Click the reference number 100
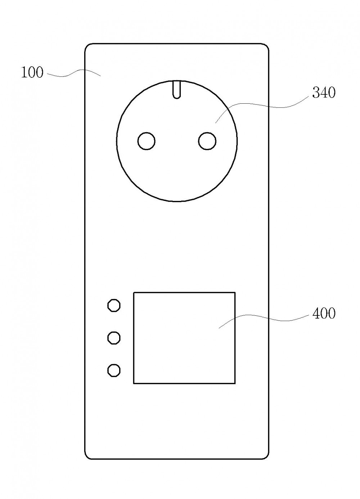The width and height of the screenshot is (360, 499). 32,72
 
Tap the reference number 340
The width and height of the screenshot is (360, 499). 324,93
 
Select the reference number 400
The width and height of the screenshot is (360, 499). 324,314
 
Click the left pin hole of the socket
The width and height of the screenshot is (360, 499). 147,141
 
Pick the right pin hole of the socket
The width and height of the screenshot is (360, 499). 207,141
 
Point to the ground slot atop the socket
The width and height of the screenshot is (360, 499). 177,90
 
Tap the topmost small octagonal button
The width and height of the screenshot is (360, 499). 114,305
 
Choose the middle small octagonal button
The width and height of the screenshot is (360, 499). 114,338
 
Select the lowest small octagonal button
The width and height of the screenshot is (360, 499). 114,370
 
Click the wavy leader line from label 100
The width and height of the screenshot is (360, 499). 73,73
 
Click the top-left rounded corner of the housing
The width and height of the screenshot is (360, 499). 87,46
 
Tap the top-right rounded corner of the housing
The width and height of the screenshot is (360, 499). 266,46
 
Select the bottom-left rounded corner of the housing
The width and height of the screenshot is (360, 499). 87,457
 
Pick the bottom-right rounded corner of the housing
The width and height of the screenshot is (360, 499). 266,457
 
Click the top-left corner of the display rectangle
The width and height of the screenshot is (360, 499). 134,292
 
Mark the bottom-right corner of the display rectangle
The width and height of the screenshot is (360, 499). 235,383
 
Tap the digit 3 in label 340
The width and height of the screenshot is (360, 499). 316,93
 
